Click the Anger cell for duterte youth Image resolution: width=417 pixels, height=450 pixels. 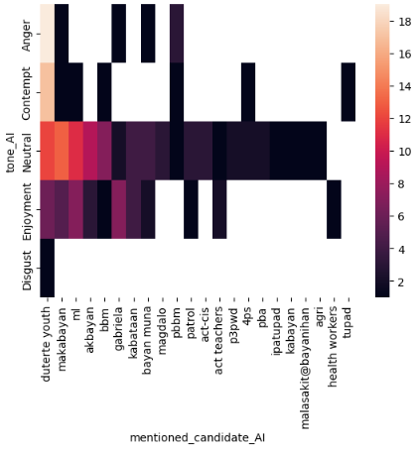pyautogui.click(x=47, y=33)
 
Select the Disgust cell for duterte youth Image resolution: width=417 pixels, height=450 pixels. pyautogui.click(x=47, y=269)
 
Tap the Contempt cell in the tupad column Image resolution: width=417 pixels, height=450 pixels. pyautogui.click(x=348, y=91)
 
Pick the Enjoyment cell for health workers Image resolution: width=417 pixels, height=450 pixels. pyautogui.click(x=334, y=210)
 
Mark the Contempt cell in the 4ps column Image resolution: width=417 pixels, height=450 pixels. pyautogui.click(x=247, y=91)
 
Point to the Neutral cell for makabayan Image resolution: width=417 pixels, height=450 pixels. pyautogui.click(x=61, y=151)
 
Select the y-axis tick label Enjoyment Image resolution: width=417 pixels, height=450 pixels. pyautogui.click(x=27, y=210)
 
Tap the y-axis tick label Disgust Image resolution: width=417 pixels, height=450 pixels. pyautogui.click(x=27, y=269)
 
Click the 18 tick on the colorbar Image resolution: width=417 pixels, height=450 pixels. pyautogui.click(x=397, y=19)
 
